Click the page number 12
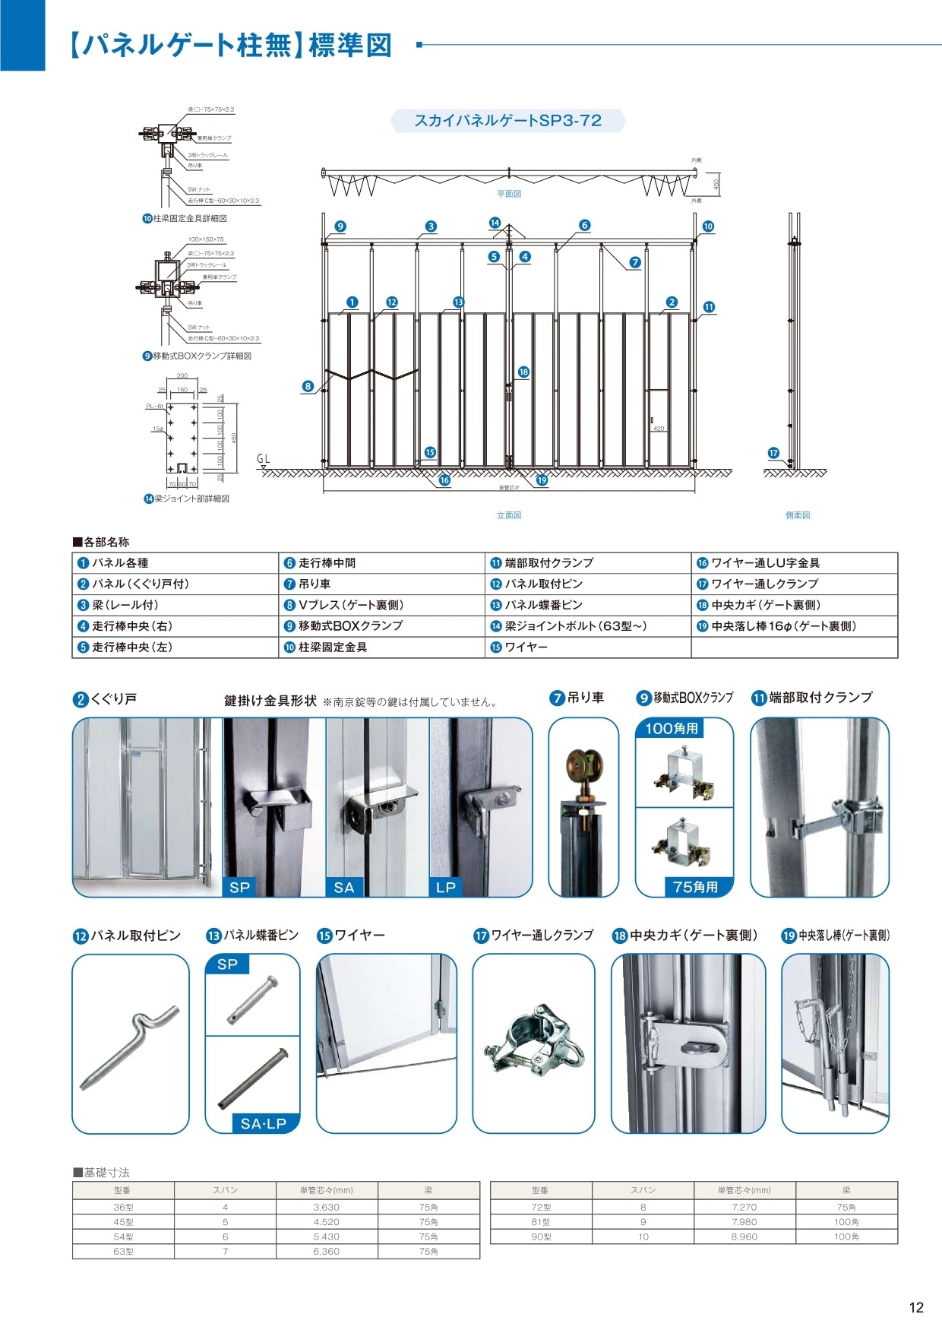coord(915,1307)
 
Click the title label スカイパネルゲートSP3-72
coord(507,121)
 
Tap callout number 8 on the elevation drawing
coord(308,386)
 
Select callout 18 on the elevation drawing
coord(523,372)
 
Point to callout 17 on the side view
coord(773,453)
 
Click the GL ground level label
coord(264,459)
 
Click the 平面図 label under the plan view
coord(509,194)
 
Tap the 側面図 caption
coord(798,515)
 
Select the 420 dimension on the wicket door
coord(659,429)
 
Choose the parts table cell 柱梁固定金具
coord(333,648)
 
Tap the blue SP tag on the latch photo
coord(240,887)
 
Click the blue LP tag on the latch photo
coord(446,887)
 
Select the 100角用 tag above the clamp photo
coord(671,728)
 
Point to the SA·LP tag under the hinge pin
coord(264,1123)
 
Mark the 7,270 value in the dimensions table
coord(744,1207)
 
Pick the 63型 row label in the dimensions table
coord(123,1251)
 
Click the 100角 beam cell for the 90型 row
coord(846,1236)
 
